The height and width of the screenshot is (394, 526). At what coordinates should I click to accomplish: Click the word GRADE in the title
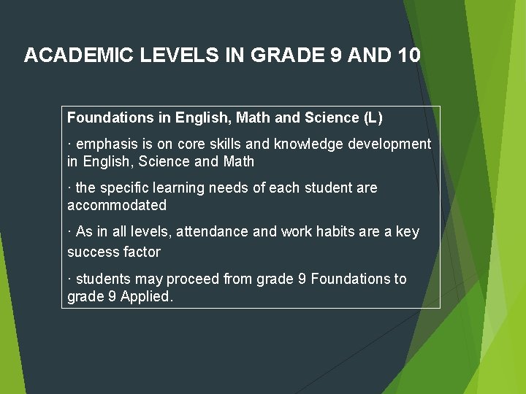(x=287, y=55)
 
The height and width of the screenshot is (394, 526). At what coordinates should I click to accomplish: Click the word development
(x=389, y=144)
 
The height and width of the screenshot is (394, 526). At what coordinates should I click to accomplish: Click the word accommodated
(x=117, y=205)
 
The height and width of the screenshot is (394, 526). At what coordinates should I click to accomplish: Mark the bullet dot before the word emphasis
(x=69, y=144)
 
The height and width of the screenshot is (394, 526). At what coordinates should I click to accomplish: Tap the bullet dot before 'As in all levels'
(x=69, y=232)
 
